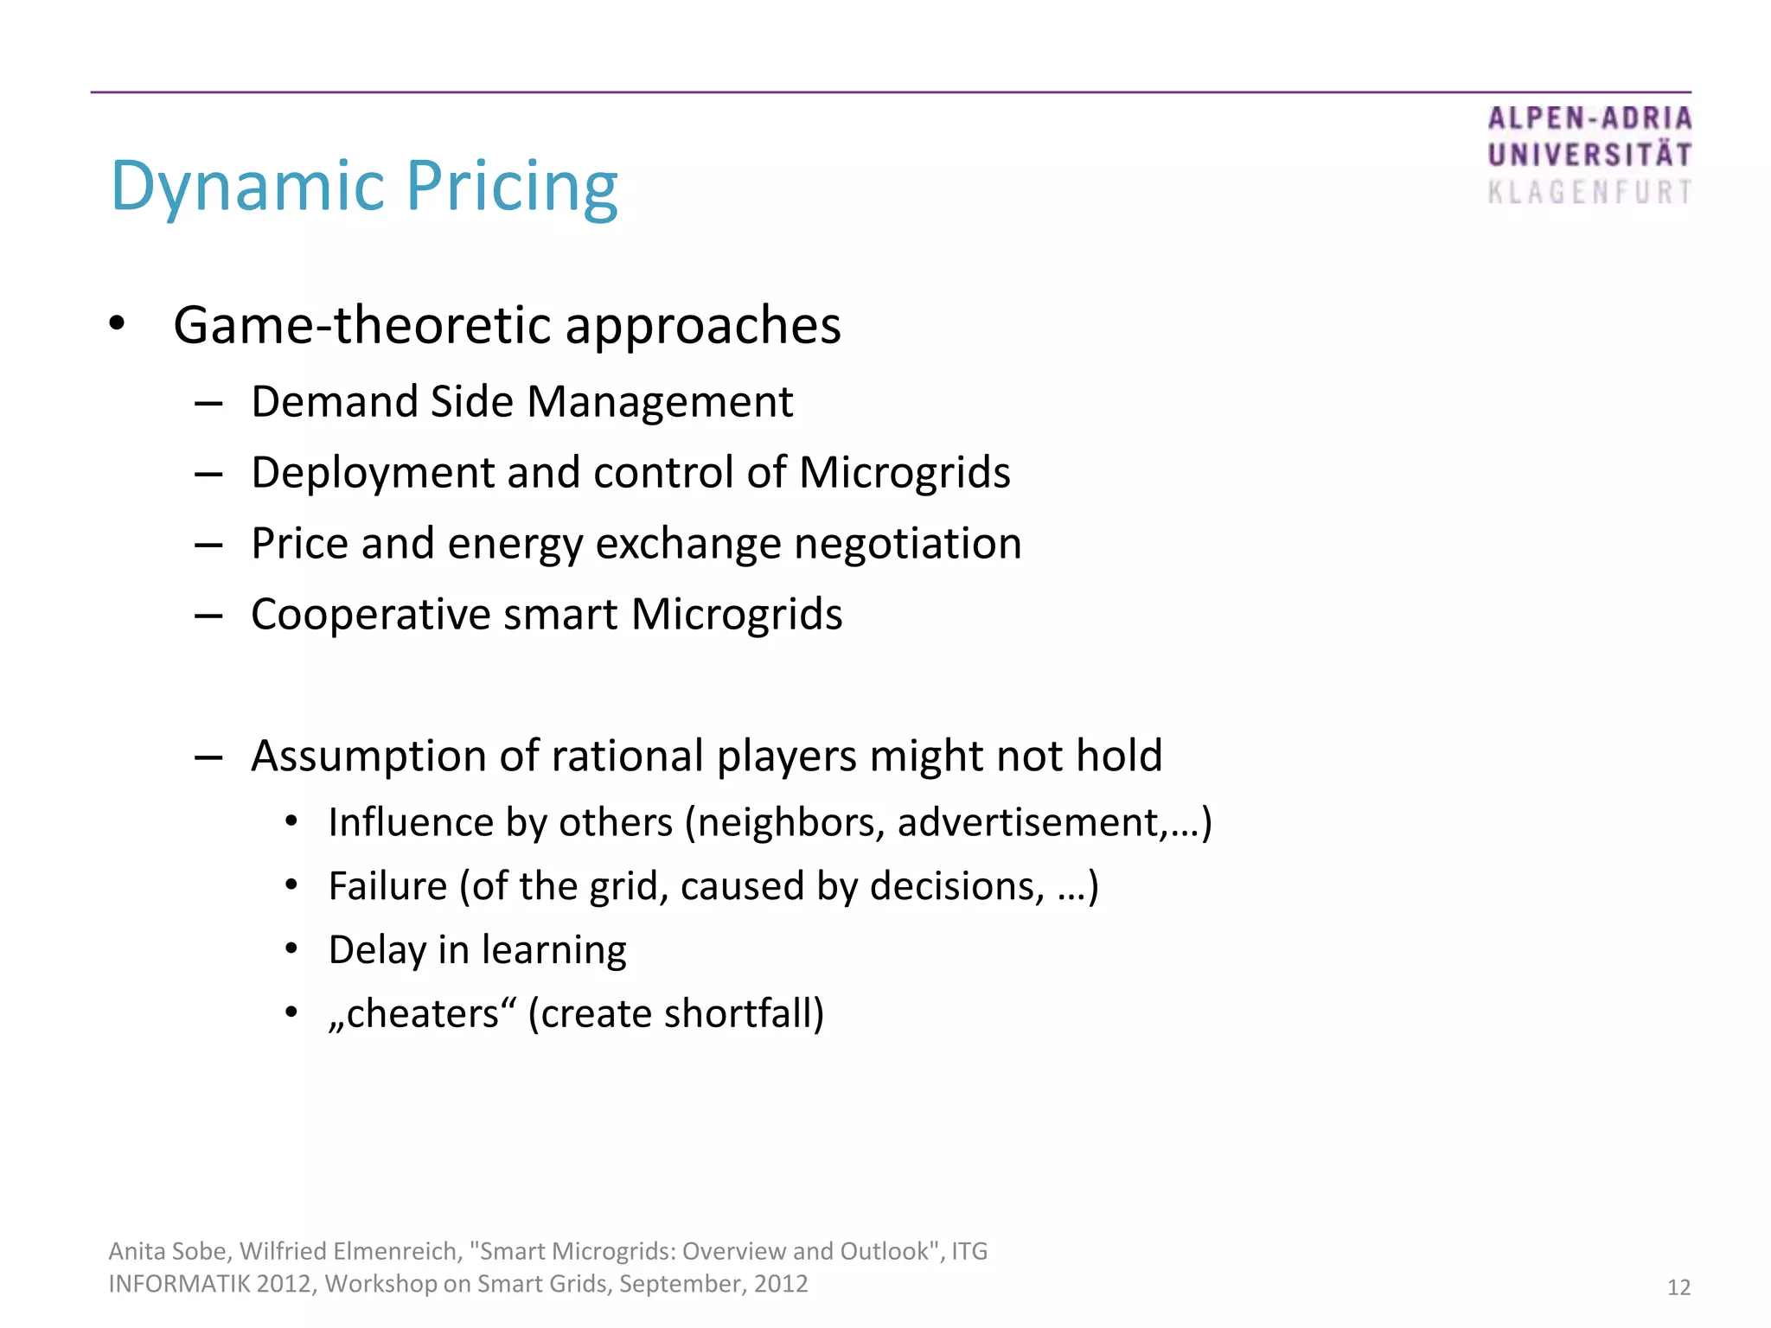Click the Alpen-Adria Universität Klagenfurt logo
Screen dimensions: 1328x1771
pos(1589,156)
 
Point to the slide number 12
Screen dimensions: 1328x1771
pos(1678,1287)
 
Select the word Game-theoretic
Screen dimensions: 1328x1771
pos(361,325)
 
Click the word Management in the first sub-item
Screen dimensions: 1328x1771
pos(660,402)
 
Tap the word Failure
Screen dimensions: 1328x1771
pos(387,886)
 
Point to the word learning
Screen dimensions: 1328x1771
pos(553,950)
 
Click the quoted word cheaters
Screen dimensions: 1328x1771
pos(423,1014)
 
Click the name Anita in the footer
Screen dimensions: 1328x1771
pos(137,1251)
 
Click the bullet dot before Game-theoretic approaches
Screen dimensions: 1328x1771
pos(118,324)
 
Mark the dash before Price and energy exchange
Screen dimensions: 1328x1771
pos(208,546)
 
